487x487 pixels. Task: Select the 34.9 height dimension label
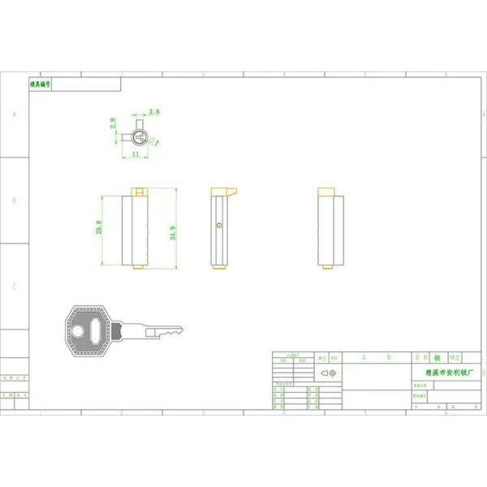[x=173, y=233]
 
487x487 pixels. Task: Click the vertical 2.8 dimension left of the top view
[x=114, y=124]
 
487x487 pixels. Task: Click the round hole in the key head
[x=77, y=330]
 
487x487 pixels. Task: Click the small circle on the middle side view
[x=219, y=226]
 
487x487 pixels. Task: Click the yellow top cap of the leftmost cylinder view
[x=138, y=192]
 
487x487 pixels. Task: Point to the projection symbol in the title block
[x=328, y=372]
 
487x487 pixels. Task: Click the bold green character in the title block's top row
[x=436, y=356]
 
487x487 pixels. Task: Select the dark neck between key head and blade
[x=119, y=330]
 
